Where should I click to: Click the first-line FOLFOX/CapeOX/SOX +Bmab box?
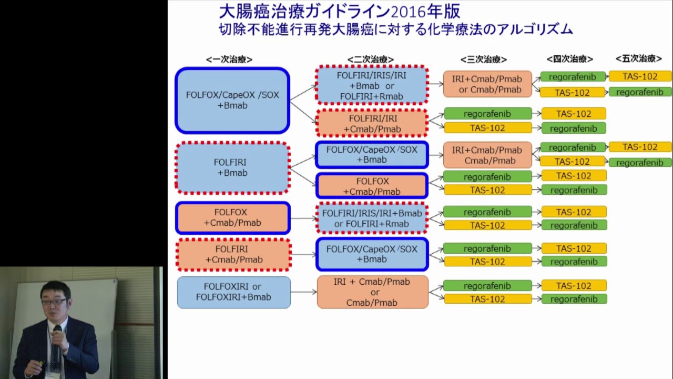[232, 100]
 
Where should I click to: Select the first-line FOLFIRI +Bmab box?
[232, 167]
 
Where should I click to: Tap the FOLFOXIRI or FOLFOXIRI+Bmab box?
[233, 292]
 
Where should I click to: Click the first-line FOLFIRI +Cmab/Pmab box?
[233, 254]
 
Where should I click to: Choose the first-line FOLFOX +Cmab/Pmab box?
[232, 217]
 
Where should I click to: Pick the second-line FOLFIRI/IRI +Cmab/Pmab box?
[372, 124]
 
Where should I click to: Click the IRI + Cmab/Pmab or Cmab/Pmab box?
[372, 292]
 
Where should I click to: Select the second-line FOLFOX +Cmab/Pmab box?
[372, 186]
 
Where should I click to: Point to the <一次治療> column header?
[229, 59]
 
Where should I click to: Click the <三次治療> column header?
[484, 59]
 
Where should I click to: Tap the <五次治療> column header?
[639, 59]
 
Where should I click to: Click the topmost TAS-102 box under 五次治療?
[640, 76]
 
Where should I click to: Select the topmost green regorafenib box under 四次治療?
[572, 77]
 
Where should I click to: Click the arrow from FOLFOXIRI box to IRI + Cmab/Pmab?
[303, 292]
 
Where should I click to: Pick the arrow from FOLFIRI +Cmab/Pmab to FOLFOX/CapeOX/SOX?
[303, 254]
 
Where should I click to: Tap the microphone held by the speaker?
[57, 337]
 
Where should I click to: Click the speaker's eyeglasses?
[54, 302]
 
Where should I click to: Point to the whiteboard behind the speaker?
[95, 305]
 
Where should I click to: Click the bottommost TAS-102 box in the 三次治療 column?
[487, 299]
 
